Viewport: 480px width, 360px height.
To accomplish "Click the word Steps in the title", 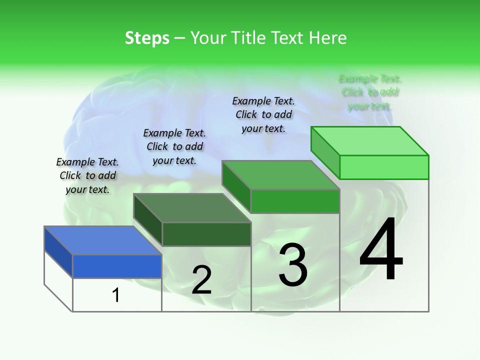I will point(147,38).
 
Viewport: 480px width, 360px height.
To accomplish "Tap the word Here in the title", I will point(327,38).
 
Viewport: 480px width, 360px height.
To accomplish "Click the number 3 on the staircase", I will point(293,264).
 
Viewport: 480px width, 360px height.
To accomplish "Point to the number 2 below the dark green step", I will point(201,280).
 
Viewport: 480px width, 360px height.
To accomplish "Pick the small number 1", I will point(116,295).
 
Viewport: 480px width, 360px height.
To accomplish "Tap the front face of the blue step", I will point(117,266).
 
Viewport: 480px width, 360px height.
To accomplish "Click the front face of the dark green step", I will point(206,234).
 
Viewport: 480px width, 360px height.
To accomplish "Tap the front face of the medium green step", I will point(295,201).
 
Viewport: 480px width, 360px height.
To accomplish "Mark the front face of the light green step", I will point(384,167).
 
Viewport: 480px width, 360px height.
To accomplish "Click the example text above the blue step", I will point(87,175).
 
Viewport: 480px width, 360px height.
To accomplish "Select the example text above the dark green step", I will point(174,146).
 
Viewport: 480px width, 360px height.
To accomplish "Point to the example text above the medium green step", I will point(263,114).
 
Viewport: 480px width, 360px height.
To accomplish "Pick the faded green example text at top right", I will point(370,92).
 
